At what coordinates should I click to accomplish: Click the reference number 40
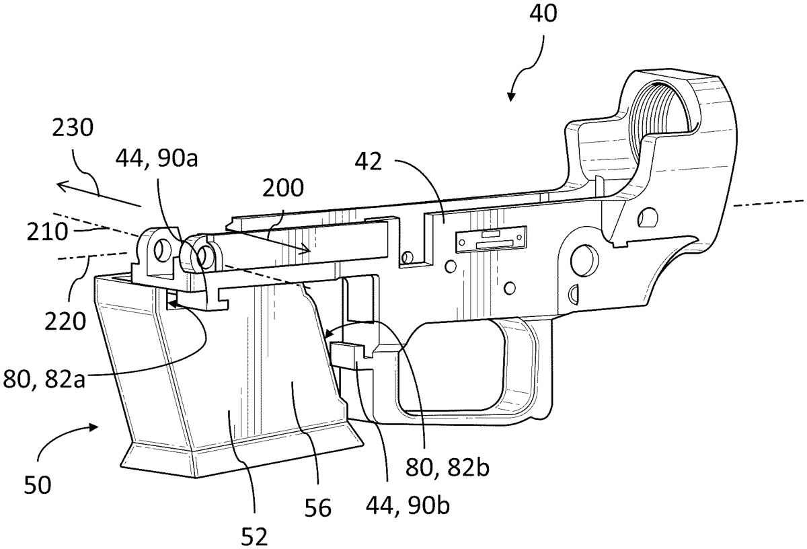(543, 14)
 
